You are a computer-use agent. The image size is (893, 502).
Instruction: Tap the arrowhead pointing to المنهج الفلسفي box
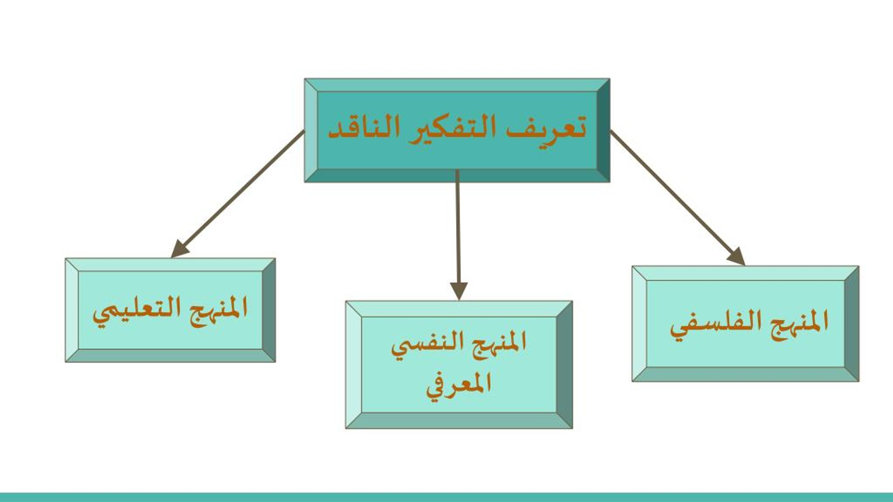tap(737, 257)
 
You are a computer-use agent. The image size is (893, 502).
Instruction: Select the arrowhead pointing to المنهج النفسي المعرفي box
tap(459, 291)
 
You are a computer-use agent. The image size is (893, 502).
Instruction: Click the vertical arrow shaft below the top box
tap(458, 227)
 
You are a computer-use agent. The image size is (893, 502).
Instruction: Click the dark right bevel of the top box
tap(603, 130)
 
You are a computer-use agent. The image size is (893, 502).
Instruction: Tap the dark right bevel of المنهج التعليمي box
tap(269, 310)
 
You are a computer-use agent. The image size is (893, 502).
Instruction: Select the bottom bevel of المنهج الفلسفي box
tap(745, 374)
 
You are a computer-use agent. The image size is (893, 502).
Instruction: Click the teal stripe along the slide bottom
tap(446, 497)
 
